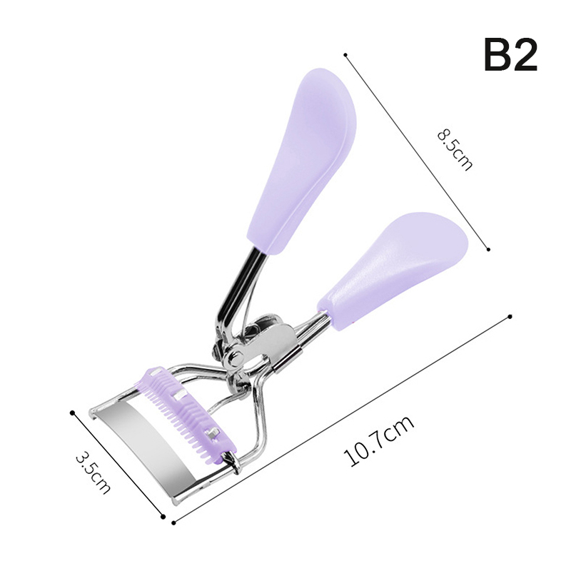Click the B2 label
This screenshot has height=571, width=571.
(510, 55)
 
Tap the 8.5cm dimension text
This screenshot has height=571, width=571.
(455, 150)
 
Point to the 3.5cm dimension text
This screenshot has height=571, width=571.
(93, 473)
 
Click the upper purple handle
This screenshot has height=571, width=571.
(301, 160)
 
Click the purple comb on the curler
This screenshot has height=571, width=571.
(186, 415)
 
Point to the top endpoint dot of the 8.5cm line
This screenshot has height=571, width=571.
(345, 55)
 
